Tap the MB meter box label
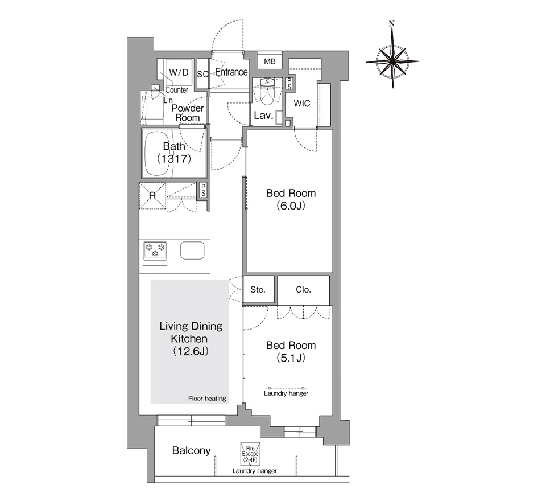coord(270,61)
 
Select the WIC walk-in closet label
coord(301,104)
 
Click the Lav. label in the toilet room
coord(263,116)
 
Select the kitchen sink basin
coord(192,250)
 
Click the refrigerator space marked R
coord(152,196)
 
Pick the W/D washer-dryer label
coord(179,72)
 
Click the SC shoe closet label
coord(202,74)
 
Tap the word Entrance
coord(231,72)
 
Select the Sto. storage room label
coord(258,290)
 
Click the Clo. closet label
coord(303,290)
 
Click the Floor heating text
coord(207,399)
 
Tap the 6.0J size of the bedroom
coord(291,206)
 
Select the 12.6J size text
coord(191,351)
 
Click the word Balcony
coord(192,451)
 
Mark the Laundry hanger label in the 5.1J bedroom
coord(286,393)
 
